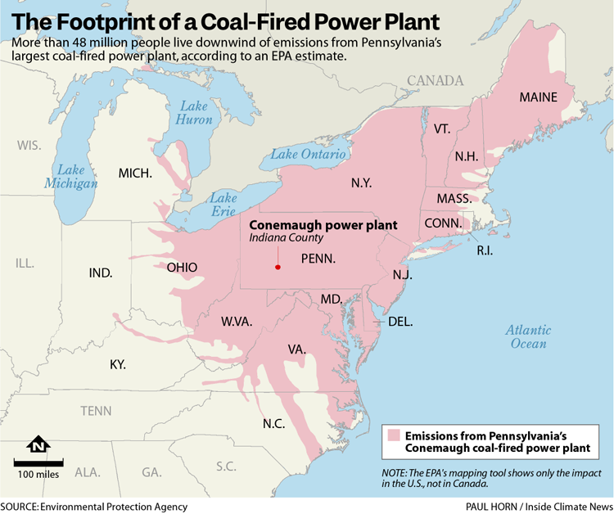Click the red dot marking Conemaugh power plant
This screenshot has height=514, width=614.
tap(278, 267)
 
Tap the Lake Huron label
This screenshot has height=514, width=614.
tap(194, 113)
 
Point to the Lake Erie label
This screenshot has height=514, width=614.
tap(223, 205)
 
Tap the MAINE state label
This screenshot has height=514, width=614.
tap(538, 97)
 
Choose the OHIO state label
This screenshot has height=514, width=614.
tap(182, 268)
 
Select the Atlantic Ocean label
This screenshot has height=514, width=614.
tap(528, 336)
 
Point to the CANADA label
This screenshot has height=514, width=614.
tap(435, 80)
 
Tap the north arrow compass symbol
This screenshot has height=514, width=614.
tap(38, 446)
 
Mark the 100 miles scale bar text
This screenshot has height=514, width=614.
tap(38, 474)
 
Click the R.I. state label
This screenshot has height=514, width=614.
tap(485, 250)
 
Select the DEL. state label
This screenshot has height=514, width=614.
tap(400, 321)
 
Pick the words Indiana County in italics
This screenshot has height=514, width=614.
tap(287, 238)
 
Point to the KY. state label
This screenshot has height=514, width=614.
tap(118, 363)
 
